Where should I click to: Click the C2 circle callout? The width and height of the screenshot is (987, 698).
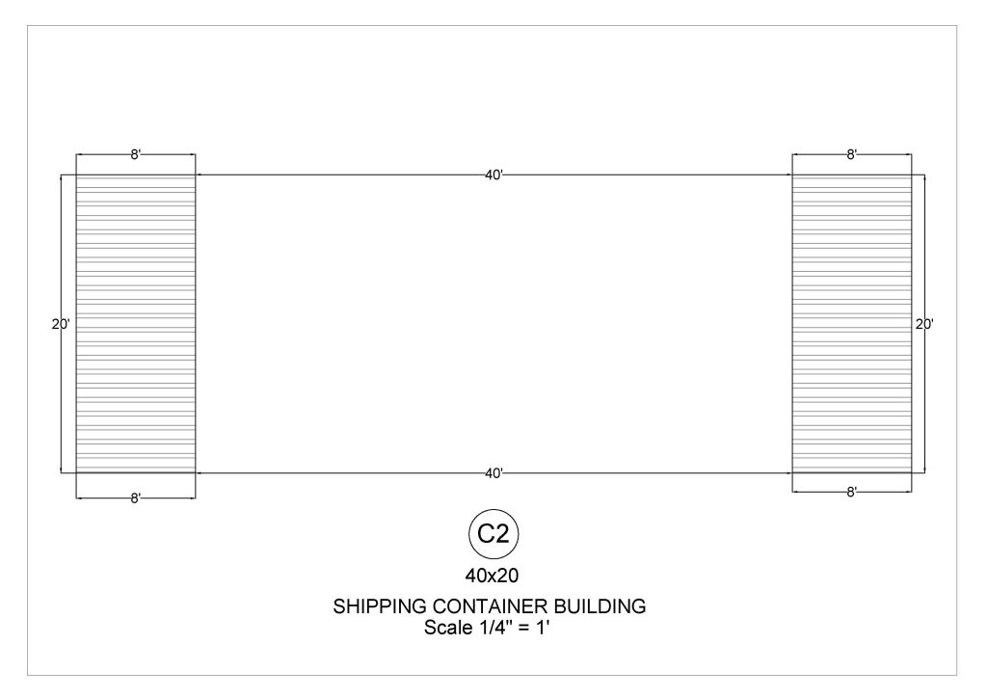click(x=493, y=534)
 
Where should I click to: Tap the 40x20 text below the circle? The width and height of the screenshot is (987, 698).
click(x=492, y=576)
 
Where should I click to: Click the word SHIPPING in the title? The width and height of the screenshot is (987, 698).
click(x=380, y=606)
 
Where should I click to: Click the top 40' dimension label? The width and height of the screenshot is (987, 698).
click(x=494, y=175)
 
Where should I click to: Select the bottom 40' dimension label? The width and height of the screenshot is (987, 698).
click(x=494, y=473)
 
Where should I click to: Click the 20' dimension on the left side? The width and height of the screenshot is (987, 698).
click(x=61, y=325)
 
